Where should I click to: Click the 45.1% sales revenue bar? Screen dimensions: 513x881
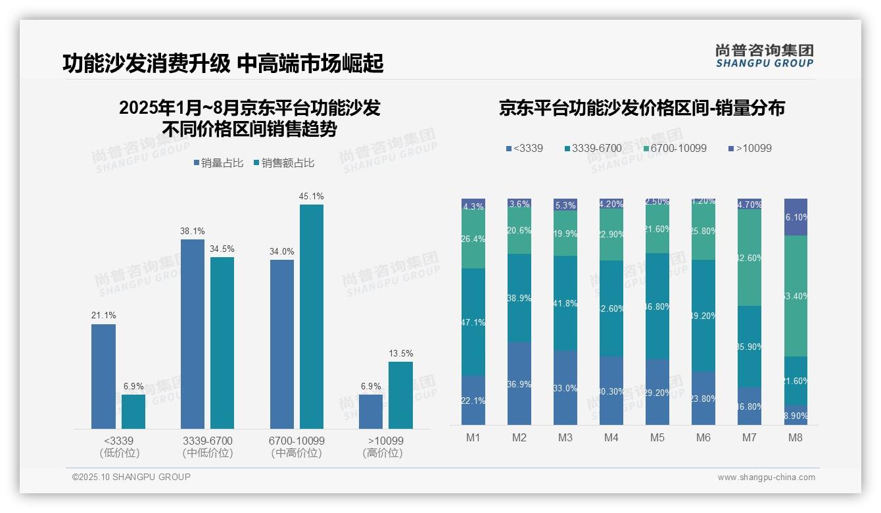(x=312, y=316)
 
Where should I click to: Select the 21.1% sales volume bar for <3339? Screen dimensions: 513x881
(x=103, y=376)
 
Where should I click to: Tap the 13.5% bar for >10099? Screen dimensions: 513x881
(x=400, y=395)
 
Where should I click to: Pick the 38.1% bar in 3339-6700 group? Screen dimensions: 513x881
(x=193, y=334)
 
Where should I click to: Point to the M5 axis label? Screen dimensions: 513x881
(x=657, y=437)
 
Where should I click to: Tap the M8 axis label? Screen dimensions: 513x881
(x=796, y=437)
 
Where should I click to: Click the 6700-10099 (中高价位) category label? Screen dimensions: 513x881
(x=297, y=447)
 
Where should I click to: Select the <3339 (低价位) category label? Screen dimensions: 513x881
(x=119, y=447)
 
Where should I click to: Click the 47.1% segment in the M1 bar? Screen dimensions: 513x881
(x=473, y=322)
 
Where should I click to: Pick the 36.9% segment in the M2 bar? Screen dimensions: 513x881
(x=519, y=383)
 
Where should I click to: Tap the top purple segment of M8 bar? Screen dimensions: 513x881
(x=796, y=216)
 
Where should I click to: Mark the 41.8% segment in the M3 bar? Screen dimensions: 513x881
(x=565, y=303)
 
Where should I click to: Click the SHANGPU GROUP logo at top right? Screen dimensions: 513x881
(x=764, y=55)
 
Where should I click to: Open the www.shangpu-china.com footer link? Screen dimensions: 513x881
(x=766, y=477)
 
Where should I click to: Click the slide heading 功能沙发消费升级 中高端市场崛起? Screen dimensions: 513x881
(x=223, y=64)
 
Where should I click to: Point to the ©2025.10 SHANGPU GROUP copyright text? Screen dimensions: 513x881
(x=131, y=477)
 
